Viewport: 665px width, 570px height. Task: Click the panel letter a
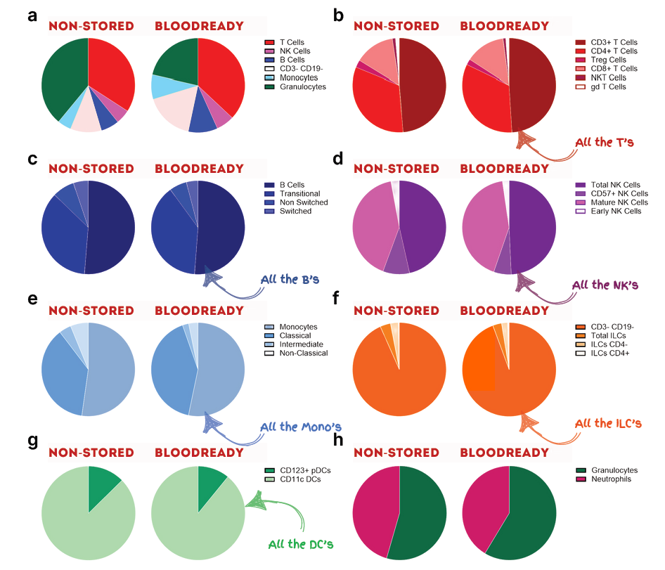32,16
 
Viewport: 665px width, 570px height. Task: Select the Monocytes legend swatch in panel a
269,78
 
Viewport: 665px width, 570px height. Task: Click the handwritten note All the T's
605,143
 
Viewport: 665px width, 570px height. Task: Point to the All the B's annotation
290,280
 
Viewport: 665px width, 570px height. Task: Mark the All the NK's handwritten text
604,285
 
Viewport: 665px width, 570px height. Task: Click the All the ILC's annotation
608,424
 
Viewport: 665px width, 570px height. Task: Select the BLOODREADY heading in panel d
504,169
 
